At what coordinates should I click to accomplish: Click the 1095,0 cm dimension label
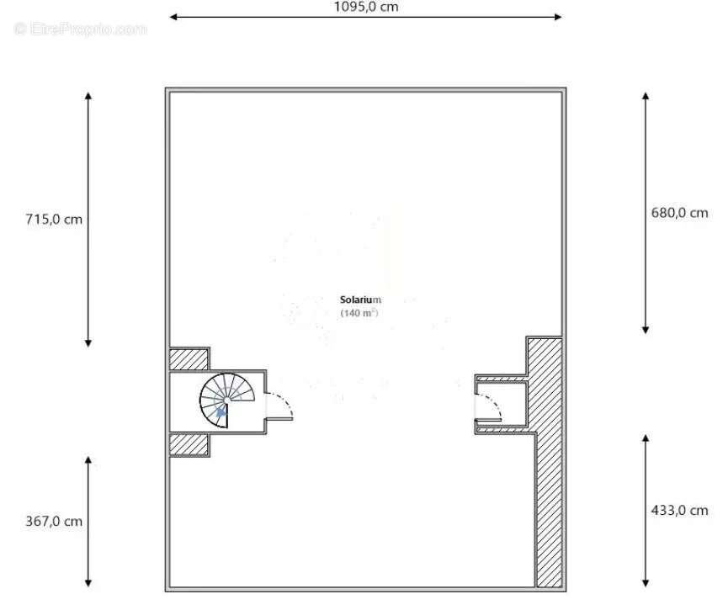tap(366, 7)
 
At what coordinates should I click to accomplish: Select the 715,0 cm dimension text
tap(55, 220)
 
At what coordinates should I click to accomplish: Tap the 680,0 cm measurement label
tap(679, 213)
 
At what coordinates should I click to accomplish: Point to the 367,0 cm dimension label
tap(55, 521)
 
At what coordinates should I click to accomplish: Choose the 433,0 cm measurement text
tap(679, 510)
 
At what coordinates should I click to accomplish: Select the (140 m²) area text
tap(359, 313)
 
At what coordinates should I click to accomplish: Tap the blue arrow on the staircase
tap(221, 411)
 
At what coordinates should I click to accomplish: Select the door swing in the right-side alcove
tap(488, 407)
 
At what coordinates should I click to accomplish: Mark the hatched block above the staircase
tap(189, 359)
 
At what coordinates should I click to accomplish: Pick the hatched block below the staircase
tap(189, 444)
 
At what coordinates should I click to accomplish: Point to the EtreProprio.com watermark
tap(80, 29)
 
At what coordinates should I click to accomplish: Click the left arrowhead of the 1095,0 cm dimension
tap(173, 16)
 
